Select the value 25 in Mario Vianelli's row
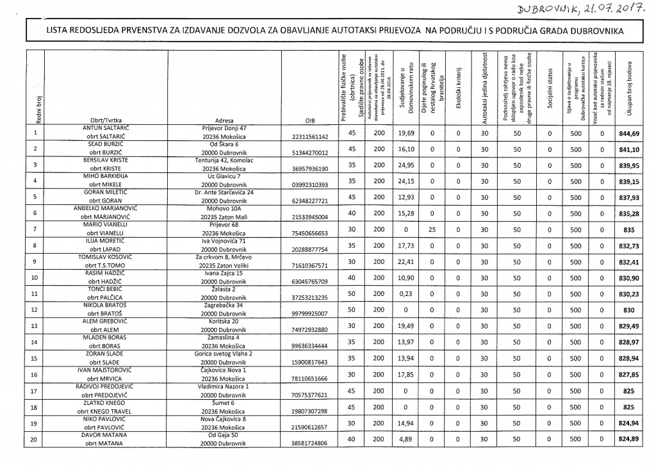[x=432, y=230]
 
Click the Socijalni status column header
[x=550, y=90]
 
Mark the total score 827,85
[x=630, y=375]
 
